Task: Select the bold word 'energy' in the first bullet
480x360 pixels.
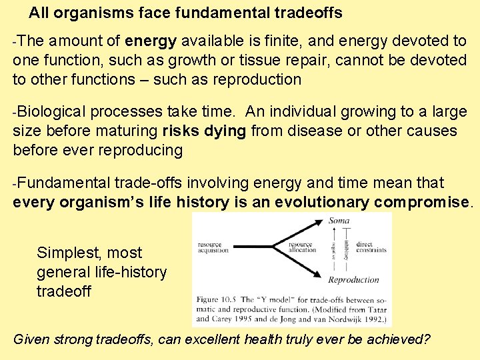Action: coord(151,41)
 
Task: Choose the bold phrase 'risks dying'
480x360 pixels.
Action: coord(204,131)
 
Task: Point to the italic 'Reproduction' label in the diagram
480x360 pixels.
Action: coord(353,279)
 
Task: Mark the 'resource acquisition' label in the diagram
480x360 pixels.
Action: coord(213,248)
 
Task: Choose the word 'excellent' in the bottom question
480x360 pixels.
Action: coord(209,339)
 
